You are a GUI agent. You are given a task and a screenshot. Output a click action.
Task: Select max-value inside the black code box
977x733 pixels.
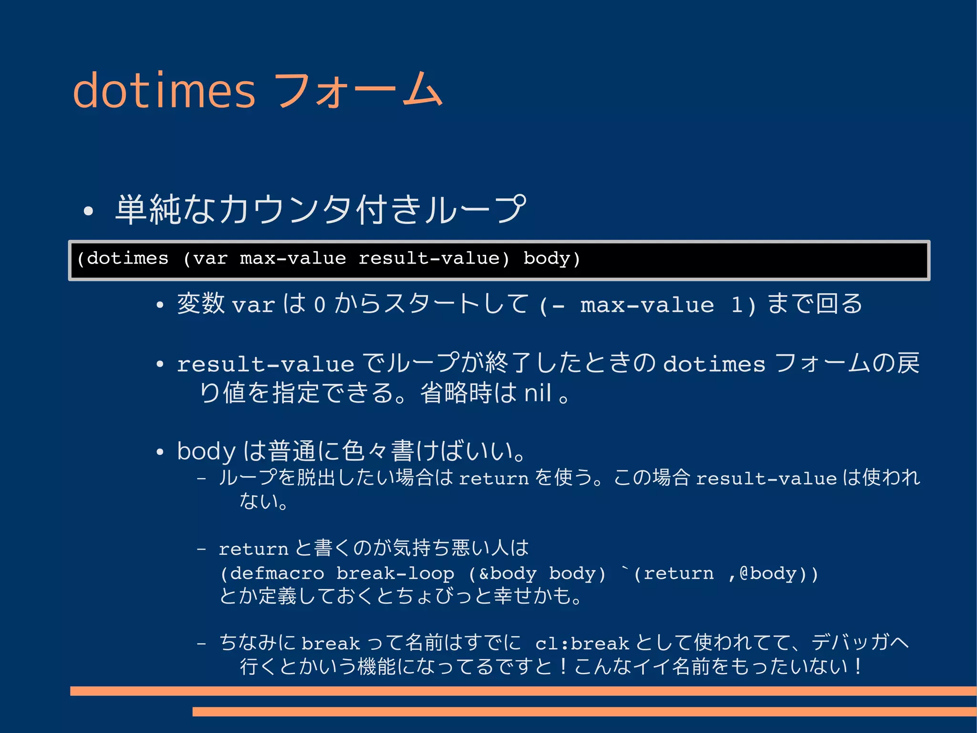point(293,258)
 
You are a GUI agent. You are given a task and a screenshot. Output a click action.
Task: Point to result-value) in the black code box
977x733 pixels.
point(434,258)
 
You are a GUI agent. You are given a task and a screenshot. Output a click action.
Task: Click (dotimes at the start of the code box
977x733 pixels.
point(123,258)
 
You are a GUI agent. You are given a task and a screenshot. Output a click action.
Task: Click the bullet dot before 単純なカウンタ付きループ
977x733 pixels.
point(88,211)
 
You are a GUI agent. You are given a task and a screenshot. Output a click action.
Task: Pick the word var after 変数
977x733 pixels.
point(253,305)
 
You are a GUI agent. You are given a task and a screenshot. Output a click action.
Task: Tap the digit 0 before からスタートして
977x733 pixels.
point(320,305)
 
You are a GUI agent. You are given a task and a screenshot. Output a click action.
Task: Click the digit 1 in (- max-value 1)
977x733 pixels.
point(737,305)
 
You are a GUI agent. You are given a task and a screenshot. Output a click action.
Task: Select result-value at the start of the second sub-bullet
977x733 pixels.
point(265,365)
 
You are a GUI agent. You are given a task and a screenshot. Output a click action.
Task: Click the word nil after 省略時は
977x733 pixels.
point(538,393)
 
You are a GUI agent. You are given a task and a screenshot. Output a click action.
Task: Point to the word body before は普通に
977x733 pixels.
point(206,451)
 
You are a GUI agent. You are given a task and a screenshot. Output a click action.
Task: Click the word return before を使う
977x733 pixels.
point(494,478)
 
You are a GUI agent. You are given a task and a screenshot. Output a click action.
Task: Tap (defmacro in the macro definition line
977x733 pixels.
point(272,573)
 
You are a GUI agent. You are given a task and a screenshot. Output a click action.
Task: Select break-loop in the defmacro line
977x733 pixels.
point(395,573)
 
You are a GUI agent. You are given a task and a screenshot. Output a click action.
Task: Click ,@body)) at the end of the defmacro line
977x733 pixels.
point(773,573)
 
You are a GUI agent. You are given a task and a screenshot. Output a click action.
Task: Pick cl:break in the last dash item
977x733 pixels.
point(582,644)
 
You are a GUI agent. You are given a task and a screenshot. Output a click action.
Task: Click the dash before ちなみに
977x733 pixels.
point(201,644)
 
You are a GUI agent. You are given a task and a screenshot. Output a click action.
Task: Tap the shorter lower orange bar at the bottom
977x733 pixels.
point(584,712)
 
